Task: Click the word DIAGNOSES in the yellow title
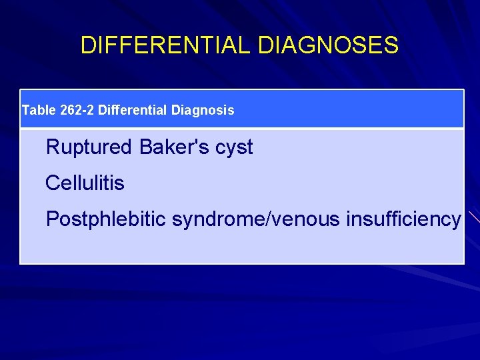click(328, 45)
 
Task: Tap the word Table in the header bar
click(39, 109)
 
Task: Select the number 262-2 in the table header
click(77, 109)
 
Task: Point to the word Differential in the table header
click(133, 109)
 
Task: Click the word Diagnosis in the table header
click(203, 109)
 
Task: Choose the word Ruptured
click(89, 147)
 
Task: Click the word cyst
click(233, 148)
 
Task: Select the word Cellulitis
click(85, 183)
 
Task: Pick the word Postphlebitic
click(106, 219)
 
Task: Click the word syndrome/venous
click(257, 219)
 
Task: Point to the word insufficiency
click(403, 219)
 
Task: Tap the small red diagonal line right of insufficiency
click(472, 216)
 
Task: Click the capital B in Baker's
click(146, 147)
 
